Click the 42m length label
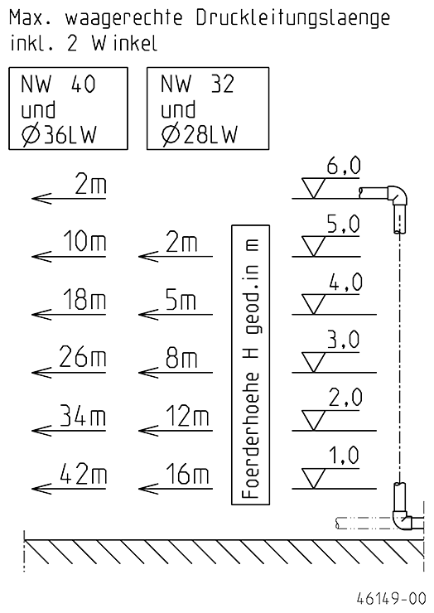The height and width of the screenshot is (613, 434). pyautogui.click(x=83, y=474)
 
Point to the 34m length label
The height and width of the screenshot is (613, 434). pyautogui.click(x=83, y=416)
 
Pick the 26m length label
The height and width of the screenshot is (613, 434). pyautogui.click(x=83, y=358)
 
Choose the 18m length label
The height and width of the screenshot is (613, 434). pyautogui.click(x=84, y=300)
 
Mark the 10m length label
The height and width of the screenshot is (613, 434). pyautogui.click(x=84, y=242)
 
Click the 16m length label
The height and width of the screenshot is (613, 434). pyautogui.click(x=188, y=474)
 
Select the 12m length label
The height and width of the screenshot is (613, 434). pyautogui.click(x=188, y=416)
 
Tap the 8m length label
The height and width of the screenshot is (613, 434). pyautogui.click(x=182, y=358)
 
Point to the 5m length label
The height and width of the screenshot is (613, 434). pyautogui.click(x=181, y=300)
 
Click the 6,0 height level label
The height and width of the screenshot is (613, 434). pyautogui.click(x=344, y=167)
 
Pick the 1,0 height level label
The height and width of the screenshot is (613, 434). pyautogui.click(x=344, y=456)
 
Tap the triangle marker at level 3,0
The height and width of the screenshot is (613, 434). pyautogui.click(x=314, y=362)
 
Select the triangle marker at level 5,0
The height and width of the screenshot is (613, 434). pyautogui.click(x=314, y=246)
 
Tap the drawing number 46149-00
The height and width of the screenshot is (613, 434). pyautogui.click(x=391, y=598)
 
